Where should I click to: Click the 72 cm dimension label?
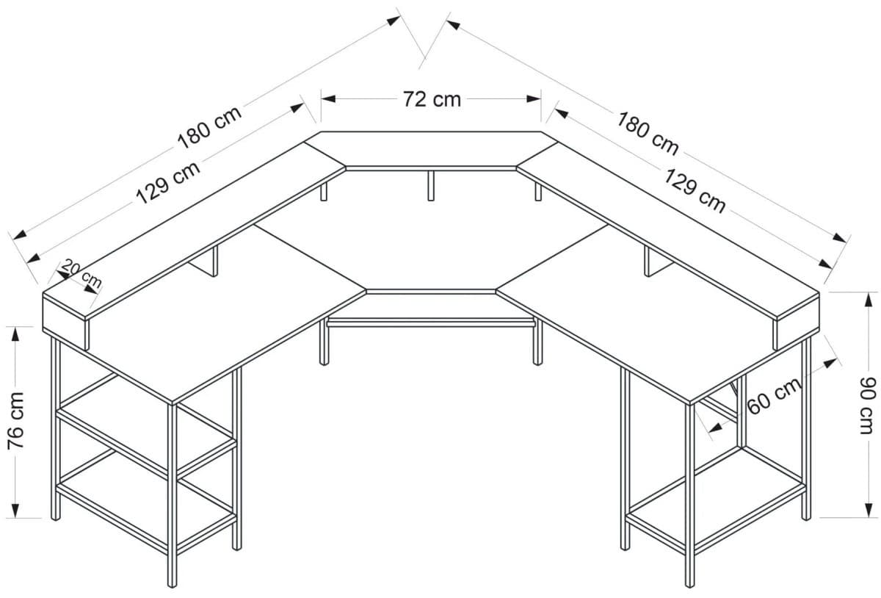click(x=432, y=98)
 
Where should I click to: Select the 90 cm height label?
click(x=869, y=406)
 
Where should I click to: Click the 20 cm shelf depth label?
click(x=81, y=273)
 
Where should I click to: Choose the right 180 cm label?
click(x=648, y=132)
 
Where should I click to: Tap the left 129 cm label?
click(x=168, y=181)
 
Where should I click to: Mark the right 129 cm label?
click(x=695, y=190)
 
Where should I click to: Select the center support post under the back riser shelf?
click(x=431, y=184)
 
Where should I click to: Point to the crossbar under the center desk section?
click(x=431, y=322)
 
